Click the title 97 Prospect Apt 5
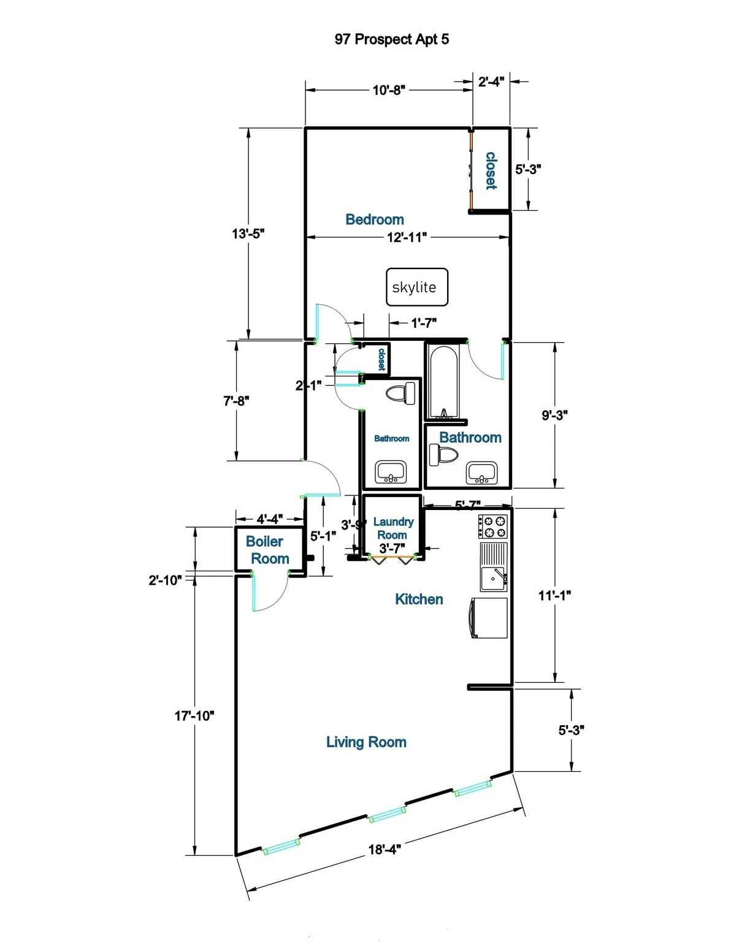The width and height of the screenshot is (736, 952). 391,39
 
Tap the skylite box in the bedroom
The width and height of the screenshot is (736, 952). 416,287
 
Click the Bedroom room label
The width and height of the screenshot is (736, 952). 374,219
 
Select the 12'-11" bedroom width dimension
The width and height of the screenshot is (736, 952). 407,237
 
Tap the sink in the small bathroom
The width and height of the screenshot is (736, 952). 391,472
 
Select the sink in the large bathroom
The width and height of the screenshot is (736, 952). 482,473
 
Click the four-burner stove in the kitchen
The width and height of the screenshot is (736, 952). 494,527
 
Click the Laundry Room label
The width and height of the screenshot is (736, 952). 393,528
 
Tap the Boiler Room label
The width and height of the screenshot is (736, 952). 267,550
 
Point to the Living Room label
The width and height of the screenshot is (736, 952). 366,742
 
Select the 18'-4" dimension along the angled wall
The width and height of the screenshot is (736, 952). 384,849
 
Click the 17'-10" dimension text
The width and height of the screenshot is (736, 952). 194,715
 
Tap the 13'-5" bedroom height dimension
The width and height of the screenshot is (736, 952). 248,234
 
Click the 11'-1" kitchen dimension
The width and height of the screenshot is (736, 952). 554,595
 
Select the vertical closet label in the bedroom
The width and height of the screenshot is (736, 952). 491,170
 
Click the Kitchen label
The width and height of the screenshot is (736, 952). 419,599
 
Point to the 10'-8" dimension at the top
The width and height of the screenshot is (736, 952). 389,90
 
